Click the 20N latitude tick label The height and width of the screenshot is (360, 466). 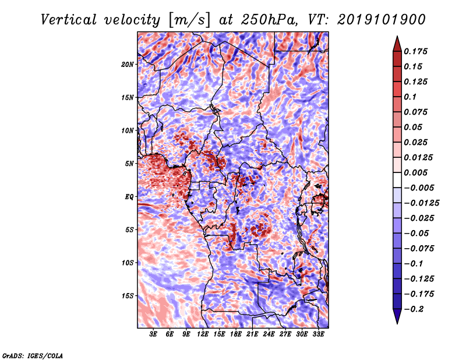127,65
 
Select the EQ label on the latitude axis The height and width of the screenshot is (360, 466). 129,197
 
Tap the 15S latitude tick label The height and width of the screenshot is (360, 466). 128,296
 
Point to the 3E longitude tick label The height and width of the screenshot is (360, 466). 153,334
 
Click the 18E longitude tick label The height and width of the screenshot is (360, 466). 236,334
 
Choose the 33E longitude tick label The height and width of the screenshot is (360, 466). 318,334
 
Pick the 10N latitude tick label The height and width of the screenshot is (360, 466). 127,130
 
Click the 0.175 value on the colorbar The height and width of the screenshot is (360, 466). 415,51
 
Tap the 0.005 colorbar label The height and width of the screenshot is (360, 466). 415,172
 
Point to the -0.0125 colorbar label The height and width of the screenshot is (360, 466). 421,203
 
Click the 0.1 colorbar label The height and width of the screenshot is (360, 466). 410,97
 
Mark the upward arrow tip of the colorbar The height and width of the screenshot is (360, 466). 397,36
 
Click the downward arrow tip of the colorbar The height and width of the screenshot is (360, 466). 397,323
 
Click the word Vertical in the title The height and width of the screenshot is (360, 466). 69,20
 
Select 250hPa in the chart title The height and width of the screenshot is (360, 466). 269,20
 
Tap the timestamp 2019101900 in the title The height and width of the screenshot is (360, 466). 382,20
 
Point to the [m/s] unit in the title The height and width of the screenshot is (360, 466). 189,20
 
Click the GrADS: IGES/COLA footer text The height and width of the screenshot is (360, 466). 33,355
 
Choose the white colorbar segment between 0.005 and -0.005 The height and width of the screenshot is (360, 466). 397,180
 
